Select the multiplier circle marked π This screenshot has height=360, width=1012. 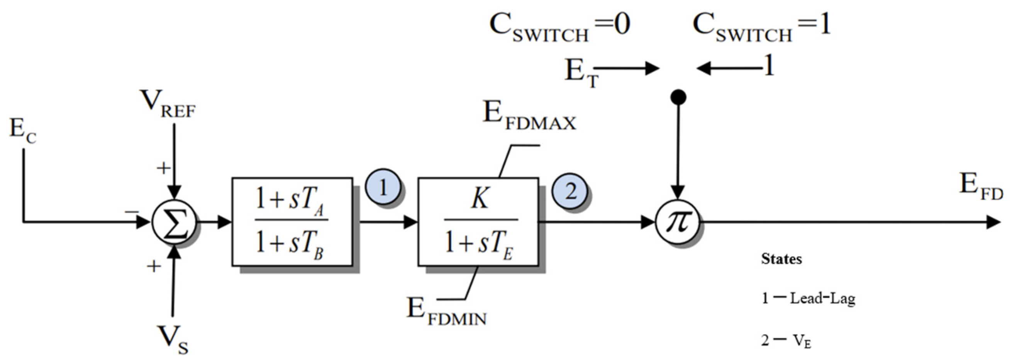point(678,222)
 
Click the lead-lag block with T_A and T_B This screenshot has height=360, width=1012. point(292,222)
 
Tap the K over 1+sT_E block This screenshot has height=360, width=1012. point(478,222)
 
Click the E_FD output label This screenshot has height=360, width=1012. point(981,187)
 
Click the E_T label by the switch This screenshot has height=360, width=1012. point(581,73)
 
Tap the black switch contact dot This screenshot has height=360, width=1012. point(678,97)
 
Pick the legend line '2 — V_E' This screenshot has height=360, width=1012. point(786,340)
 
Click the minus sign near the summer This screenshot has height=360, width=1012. point(132,212)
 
